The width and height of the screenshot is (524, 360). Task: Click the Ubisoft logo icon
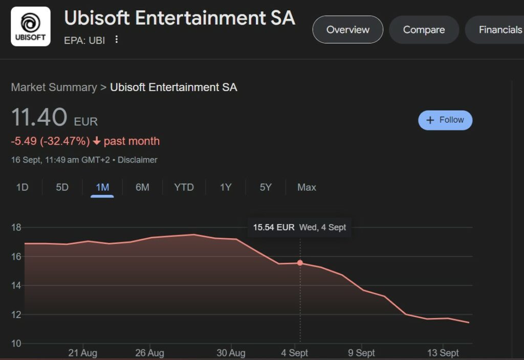click(x=31, y=27)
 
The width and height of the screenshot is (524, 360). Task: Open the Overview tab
click(x=348, y=30)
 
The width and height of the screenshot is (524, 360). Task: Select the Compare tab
click(x=424, y=30)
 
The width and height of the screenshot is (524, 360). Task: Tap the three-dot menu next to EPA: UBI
click(x=117, y=39)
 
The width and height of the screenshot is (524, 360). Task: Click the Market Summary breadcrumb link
click(x=54, y=87)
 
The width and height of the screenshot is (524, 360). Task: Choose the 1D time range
click(x=22, y=187)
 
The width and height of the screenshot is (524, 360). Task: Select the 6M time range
click(x=142, y=187)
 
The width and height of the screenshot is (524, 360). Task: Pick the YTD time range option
click(x=184, y=187)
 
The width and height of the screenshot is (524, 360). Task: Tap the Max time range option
click(x=307, y=187)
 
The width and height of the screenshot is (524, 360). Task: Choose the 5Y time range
click(x=266, y=187)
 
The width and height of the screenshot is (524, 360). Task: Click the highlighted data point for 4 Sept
click(x=300, y=263)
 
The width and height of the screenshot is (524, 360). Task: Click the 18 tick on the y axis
click(x=16, y=227)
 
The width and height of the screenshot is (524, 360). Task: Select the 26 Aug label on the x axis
click(x=149, y=353)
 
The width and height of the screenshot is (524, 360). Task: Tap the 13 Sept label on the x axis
click(x=443, y=353)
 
